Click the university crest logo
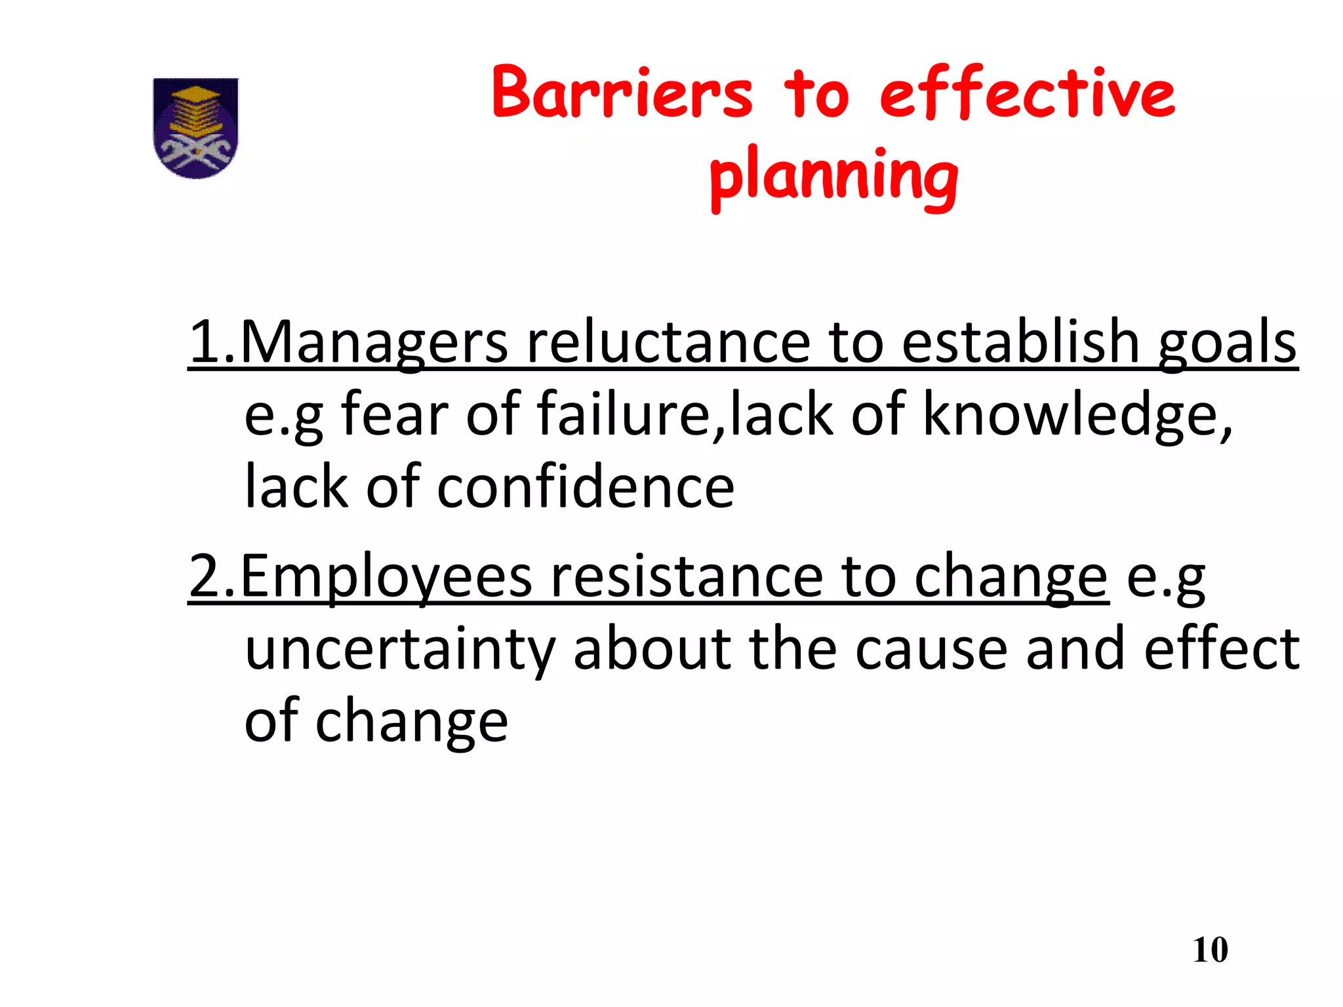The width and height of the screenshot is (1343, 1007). click(x=195, y=128)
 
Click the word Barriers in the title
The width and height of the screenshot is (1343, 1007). click(x=622, y=93)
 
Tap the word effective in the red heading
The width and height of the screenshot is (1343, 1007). click(x=1027, y=93)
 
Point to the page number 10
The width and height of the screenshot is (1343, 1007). click(x=1210, y=950)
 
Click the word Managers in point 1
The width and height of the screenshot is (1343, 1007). click(x=374, y=343)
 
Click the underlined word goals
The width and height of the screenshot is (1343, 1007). click(x=1227, y=343)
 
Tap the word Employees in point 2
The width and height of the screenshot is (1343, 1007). click(x=386, y=577)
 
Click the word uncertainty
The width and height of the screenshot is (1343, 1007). click(x=400, y=649)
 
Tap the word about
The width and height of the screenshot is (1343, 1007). click(x=652, y=649)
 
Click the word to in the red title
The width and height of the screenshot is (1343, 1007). click(x=816, y=93)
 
